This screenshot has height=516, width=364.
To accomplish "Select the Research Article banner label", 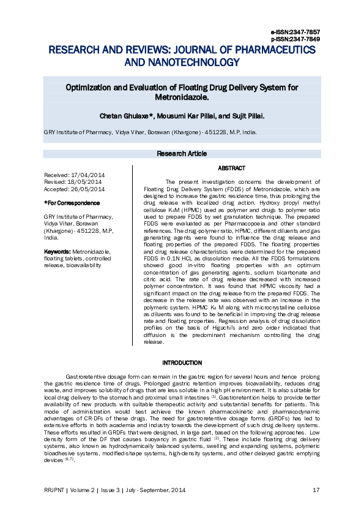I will tap(182, 153).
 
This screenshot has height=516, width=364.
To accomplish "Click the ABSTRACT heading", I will tap(231, 168).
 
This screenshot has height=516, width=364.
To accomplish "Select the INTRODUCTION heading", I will tap(182, 363).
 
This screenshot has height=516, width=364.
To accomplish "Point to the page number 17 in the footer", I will tap(316, 490).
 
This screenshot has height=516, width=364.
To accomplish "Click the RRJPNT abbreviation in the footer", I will tap(56, 490).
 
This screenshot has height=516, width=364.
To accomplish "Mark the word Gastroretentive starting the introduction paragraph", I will tap(86, 374).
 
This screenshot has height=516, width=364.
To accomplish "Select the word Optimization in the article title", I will tap(89, 88).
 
